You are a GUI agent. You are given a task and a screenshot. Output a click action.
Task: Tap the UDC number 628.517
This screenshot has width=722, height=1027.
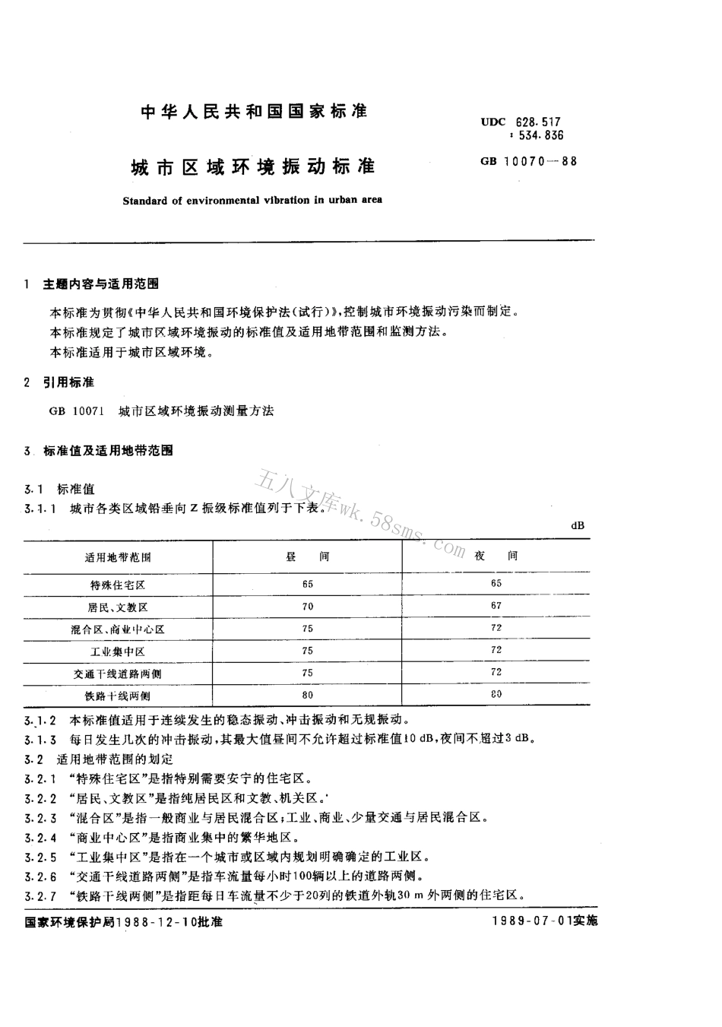click(540, 122)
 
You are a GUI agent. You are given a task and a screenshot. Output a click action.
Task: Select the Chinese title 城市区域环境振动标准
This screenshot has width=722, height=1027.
click(254, 165)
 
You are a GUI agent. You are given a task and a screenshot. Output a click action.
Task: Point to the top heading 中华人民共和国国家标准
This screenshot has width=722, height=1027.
click(255, 112)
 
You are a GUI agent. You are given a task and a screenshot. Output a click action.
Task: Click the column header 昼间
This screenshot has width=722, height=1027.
click(307, 556)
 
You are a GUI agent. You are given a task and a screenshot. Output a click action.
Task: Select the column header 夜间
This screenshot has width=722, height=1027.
click(496, 556)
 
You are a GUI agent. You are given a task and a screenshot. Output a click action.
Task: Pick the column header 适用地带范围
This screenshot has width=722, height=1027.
click(118, 557)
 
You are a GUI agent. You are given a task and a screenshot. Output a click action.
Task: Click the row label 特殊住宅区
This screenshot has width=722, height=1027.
click(118, 585)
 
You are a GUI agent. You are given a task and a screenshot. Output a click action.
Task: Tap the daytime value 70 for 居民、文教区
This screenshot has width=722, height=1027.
click(307, 607)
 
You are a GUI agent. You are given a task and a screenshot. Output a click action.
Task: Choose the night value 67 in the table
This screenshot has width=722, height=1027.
click(496, 606)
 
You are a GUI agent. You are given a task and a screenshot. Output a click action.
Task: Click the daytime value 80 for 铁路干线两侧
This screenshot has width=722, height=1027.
click(307, 695)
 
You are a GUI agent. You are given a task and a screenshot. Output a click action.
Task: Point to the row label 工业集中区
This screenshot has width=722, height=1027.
click(118, 651)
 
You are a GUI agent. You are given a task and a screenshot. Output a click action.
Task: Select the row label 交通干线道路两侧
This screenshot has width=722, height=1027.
click(118, 674)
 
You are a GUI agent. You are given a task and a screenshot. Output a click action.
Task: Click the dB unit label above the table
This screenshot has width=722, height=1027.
click(578, 526)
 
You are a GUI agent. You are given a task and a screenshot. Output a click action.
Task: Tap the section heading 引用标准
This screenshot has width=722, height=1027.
click(68, 382)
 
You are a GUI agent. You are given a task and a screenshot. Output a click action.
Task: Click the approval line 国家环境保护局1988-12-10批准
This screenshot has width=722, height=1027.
click(124, 921)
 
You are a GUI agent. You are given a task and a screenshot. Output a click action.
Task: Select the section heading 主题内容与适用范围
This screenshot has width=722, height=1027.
click(101, 284)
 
